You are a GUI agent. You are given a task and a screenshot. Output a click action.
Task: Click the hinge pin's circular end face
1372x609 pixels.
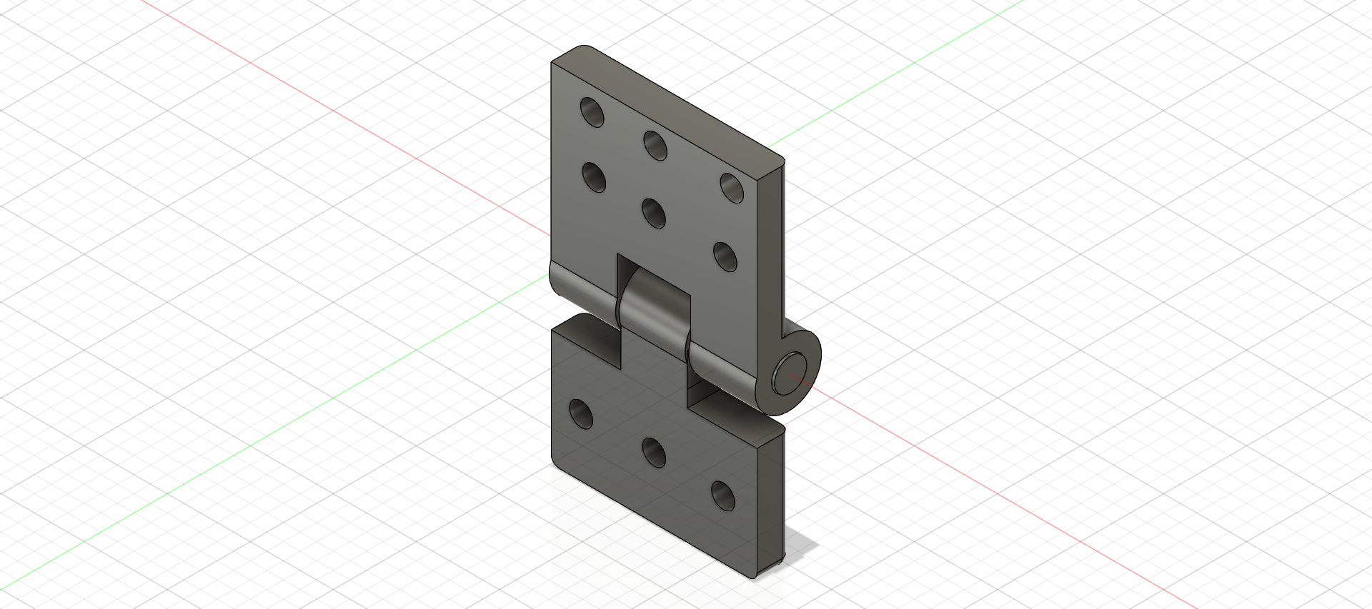[790, 373]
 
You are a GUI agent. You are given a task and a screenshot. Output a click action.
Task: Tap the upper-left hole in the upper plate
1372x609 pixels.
[592, 112]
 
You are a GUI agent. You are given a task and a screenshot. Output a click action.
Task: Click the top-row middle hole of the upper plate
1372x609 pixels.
[655, 145]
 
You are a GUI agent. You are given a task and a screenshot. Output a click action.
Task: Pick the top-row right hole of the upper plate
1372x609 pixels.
[732, 187]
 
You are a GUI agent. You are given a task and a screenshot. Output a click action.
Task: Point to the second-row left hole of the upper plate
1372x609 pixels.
[594, 177]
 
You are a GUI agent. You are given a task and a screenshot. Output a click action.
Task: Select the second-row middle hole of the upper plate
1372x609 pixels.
[654, 212]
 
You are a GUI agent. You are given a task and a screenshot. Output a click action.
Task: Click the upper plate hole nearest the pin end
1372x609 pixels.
[725, 256]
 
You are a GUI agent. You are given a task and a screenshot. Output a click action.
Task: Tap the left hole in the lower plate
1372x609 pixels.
[581, 414]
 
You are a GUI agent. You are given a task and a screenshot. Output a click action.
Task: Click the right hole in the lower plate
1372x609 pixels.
[723, 495]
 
